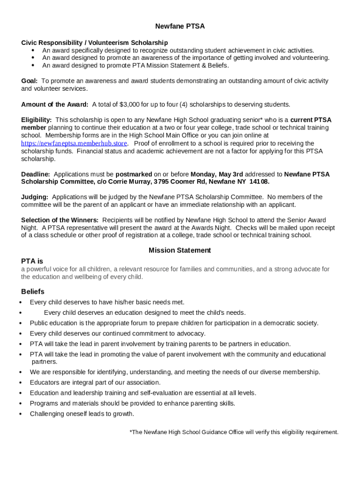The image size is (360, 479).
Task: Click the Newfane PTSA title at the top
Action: [180, 26]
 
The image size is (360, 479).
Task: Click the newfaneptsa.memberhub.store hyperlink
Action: [74, 144]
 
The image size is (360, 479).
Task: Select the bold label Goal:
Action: [29, 81]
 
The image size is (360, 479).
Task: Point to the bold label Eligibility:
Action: [36, 120]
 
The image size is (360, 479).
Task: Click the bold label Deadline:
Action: [36, 174]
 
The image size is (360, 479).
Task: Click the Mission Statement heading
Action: [180, 250]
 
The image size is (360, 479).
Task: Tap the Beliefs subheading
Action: [33, 291]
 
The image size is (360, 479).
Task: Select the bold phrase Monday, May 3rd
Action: [217, 174]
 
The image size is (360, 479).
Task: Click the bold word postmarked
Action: [134, 174]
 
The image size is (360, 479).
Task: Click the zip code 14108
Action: [259, 181]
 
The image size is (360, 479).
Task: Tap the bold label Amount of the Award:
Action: [55, 104]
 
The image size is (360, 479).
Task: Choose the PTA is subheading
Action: [32, 261]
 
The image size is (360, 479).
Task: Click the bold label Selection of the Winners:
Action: [60, 220]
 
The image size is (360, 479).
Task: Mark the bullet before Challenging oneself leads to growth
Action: [22, 414]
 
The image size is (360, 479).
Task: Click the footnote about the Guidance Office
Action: [234, 432]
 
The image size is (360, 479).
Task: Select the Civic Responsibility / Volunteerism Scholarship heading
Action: [94, 43]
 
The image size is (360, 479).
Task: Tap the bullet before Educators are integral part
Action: [22, 383]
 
